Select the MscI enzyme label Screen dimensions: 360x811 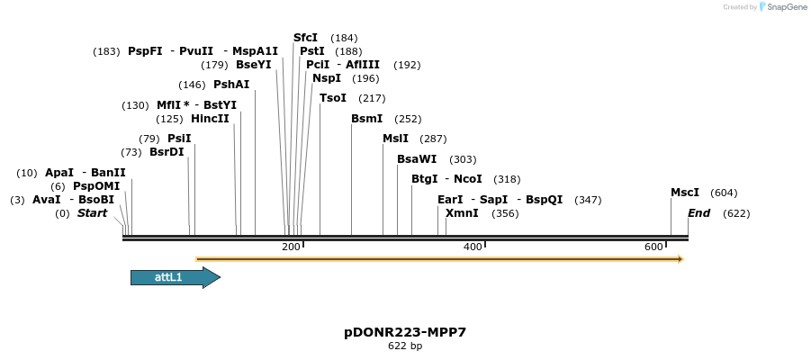pyautogui.click(x=684, y=193)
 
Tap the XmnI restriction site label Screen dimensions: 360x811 pyautogui.click(x=462, y=213)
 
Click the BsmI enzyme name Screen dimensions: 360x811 pyautogui.click(x=366, y=119)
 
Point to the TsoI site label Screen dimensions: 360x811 pyautogui.click(x=332, y=98)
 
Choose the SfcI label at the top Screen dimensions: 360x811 pyautogui.click(x=305, y=38)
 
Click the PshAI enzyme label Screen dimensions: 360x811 pyautogui.click(x=231, y=85)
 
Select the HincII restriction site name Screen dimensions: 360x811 pyautogui.click(x=210, y=119)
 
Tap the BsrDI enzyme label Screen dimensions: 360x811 pyautogui.click(x=167, y=152)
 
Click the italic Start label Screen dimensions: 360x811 pyautogui.click(x=92, y=213)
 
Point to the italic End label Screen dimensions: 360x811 pyautogui.click(x=698, y=213)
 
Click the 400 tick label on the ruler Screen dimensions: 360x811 pyautogui.click(x=473, y=247)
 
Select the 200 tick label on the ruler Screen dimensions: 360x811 pyautogui.click(x=291, y=247)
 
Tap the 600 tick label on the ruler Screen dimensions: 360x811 pyautogui.click(x=653, y=247)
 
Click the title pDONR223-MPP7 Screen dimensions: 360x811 pyautogui.click(x=405, y=332)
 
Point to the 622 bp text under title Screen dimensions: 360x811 pyautogui.click(x=405, y=346)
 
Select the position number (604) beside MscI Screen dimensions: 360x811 pyautogui.click(x=724, y=193)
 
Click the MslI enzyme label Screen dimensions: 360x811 pyautogui.click(x=395, y=139)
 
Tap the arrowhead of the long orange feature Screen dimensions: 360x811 pyautogui.click(x=680, y=259)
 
